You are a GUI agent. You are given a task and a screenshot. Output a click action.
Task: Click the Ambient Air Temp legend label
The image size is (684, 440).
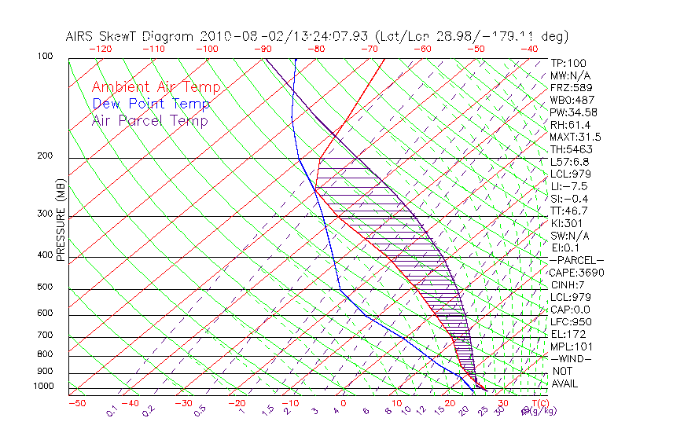coord(156,87)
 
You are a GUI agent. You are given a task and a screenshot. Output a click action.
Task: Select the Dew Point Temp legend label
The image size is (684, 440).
coord(151,104)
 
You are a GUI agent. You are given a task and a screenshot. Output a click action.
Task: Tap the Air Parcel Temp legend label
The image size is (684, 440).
coord(150,120)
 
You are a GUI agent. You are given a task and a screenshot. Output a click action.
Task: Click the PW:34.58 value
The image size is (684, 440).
coord(575,112)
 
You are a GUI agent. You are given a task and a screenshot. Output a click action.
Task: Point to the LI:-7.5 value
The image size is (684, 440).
coord(569,186)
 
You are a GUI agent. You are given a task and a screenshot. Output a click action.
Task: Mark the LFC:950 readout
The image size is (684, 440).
coord(571,322)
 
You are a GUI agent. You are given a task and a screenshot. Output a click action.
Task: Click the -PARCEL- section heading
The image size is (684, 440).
coord(577,260)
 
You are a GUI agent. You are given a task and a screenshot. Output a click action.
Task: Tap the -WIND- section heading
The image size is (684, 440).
coord(572,358)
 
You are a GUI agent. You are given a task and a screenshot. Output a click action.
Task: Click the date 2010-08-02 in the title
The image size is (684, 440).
coord(236,36)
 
